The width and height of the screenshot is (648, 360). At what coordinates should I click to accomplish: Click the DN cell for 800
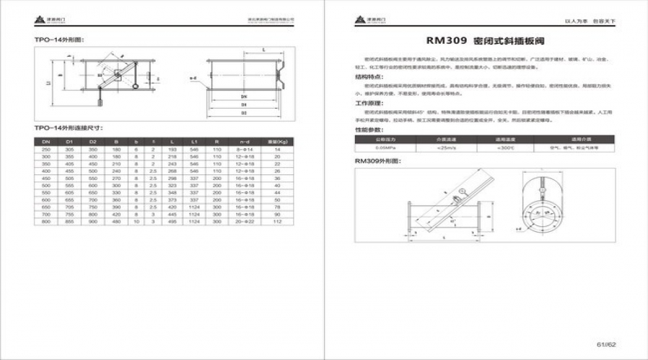46,222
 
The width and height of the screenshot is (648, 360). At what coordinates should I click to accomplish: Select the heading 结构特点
369,76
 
